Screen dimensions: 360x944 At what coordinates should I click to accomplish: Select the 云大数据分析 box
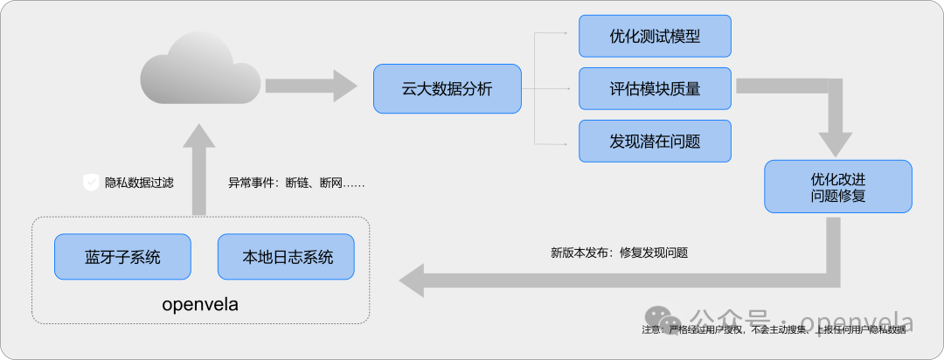[x=447, y=88]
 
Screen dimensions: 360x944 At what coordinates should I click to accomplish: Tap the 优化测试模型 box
[x=655, y=38]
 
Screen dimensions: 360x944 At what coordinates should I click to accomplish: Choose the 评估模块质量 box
[x=655, y=88]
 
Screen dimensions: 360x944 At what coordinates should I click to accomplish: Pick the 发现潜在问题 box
[x=655, y=140]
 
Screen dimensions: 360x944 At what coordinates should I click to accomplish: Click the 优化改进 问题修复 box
[x=837, y=186]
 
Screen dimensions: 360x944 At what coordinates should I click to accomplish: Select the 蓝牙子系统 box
[x=122, y=257]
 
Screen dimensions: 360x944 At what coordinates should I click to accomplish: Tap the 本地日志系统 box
[x=287, y=257]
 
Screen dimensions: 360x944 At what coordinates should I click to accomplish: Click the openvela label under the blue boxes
[x=200, y=305]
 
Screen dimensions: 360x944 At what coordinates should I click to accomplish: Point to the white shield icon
[x=90, y=183]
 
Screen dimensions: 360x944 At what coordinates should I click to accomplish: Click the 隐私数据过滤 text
[x=139, y=183]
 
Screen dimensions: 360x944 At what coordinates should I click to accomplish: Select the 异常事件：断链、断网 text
[x=295, y=183]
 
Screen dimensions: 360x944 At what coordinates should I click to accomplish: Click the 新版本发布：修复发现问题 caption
[x=619, y=253]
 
